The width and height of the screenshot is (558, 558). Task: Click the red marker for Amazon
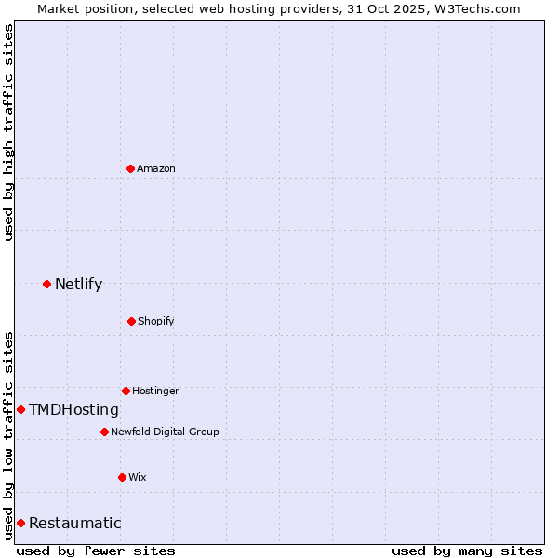pyautogui.click(x=130, y=168)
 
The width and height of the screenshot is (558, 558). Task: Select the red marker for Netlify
pyautogui.click(x=46, y=284)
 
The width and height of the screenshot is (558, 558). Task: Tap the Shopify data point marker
pyautogui.click(x=131, y=321)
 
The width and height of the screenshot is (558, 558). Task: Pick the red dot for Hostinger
pyautogui.click(x=126, y=391)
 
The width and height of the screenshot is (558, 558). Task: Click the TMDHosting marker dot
pyautogui.click(x=20, y=409)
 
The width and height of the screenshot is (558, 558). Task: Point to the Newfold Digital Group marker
pyautogui.click(x=104, y=432)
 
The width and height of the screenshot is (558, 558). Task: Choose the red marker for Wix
pyautogui.click(x=122, y=477)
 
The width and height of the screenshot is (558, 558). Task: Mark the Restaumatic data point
pyautogui.click(x=20, y=523)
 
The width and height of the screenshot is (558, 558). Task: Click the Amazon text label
pyautogui.click(x=156, y=168)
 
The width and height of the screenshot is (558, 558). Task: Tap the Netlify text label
pyautogui.click(x=78, y=284)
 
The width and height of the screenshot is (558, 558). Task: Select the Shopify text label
pyautogui.click(x=156, y=321)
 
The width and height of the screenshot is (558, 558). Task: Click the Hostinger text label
pyautogui.click(x=155, y=391)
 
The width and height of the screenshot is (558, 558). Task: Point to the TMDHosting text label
pyautogui.click(x=73, y=409)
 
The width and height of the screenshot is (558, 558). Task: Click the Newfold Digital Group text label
pyautogui.click(x=165, y=432)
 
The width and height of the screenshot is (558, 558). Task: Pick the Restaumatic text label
pyautogui.click(x=74, y=523)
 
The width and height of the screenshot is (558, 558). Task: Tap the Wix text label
pyautogui.click(x=138, y=477)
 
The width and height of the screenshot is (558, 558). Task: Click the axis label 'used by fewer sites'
pyautogui.click(x=96, y=551)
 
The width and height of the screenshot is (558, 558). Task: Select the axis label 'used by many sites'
pyautogui.click(x=467, y=551)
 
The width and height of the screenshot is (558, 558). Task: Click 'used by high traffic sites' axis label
pyautogui.click(x=8, y=132)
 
